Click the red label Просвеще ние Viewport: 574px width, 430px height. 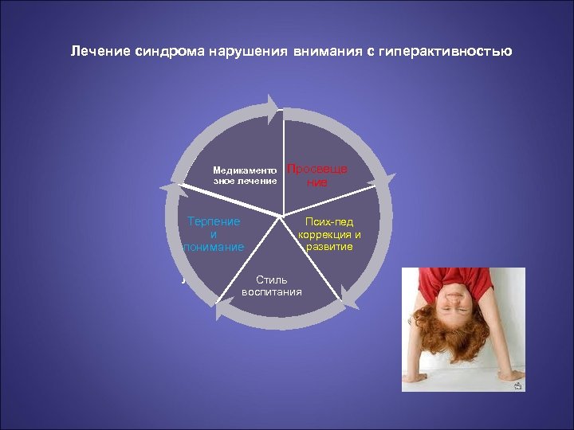click(x=316, y=176)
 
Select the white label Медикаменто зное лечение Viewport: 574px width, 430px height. click(x=245, y=175)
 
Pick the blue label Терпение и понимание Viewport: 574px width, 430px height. click(x=213, y=234)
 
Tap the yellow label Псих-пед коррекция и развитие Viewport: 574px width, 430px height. click(x=329, y=234)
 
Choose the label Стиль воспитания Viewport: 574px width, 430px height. click(x=272, y=286)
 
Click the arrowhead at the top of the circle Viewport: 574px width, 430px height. click(x=279, y=106)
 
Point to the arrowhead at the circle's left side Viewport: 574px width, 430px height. click(x=167, y=188)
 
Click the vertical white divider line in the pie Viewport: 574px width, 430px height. click(x=284, y=159)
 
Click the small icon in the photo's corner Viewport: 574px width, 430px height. click(x=518, y=385)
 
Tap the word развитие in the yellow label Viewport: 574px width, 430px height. click(x=329, y=247)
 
